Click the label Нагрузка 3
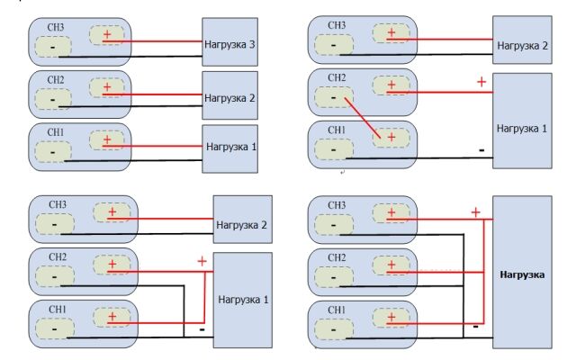[x=229, y=44]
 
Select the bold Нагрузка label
[x=522, y=274]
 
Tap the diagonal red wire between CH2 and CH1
[x=363, y=118]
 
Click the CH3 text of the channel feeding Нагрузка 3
[x=56, y=28]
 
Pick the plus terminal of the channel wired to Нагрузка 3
[x=107, y=35]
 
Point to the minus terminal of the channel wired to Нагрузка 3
[x=53, y=47]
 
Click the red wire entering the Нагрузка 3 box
[x=152, y=41]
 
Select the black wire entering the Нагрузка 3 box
[x=130, y=57]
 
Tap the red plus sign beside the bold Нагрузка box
[x=476, y=212]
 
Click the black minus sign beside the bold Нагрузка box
[x=476, y=327]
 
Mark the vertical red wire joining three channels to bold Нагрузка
[x=483, y=272]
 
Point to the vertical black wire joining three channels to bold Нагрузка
[x=463, y=286]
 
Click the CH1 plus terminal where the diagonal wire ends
[x=391, y=138]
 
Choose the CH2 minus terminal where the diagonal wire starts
[x=334, y=97]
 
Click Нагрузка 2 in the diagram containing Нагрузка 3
[x=229, y=98]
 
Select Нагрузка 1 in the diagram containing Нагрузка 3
[x=231, y=147]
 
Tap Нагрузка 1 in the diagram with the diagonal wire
[x=522, y=129]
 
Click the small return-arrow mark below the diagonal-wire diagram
[x=342, y=173]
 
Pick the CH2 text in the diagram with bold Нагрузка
[x=337, y=257]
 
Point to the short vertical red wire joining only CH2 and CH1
[x=204, y=297]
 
